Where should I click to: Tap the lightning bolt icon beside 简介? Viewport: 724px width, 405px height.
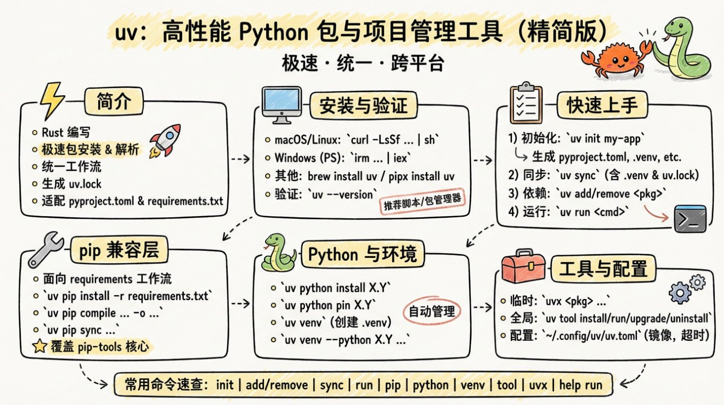pos(52,101)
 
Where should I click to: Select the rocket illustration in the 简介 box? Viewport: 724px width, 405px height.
pos(165,140)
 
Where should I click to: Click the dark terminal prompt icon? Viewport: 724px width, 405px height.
pos(690,218)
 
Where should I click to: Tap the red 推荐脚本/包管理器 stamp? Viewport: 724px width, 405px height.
pos(422,203)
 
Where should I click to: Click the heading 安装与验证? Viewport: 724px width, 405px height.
pos(363,106)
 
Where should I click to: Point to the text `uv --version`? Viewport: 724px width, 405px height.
pos(345,193)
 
